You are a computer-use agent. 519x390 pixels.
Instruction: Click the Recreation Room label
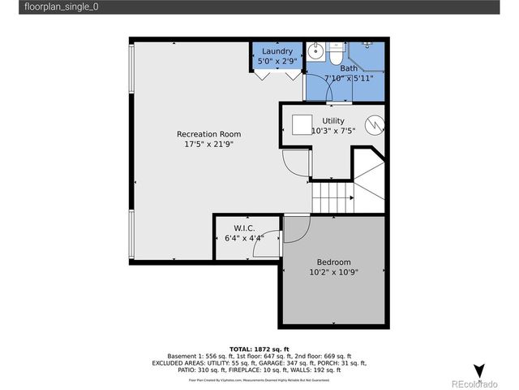[208, 134]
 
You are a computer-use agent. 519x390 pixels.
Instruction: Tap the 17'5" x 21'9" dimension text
[208, 145]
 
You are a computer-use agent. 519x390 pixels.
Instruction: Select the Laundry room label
[277, 51]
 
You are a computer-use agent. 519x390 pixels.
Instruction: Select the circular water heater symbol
[373, 126]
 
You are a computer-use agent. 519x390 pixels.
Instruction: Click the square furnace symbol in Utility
[302, 125]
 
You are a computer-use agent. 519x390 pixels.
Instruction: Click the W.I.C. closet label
[244, 228]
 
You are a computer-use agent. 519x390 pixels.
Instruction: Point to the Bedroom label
[333, 262]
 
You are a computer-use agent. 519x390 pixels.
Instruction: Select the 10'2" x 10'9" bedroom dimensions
[333, 272]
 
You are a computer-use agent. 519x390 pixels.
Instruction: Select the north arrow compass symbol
[479, 370]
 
